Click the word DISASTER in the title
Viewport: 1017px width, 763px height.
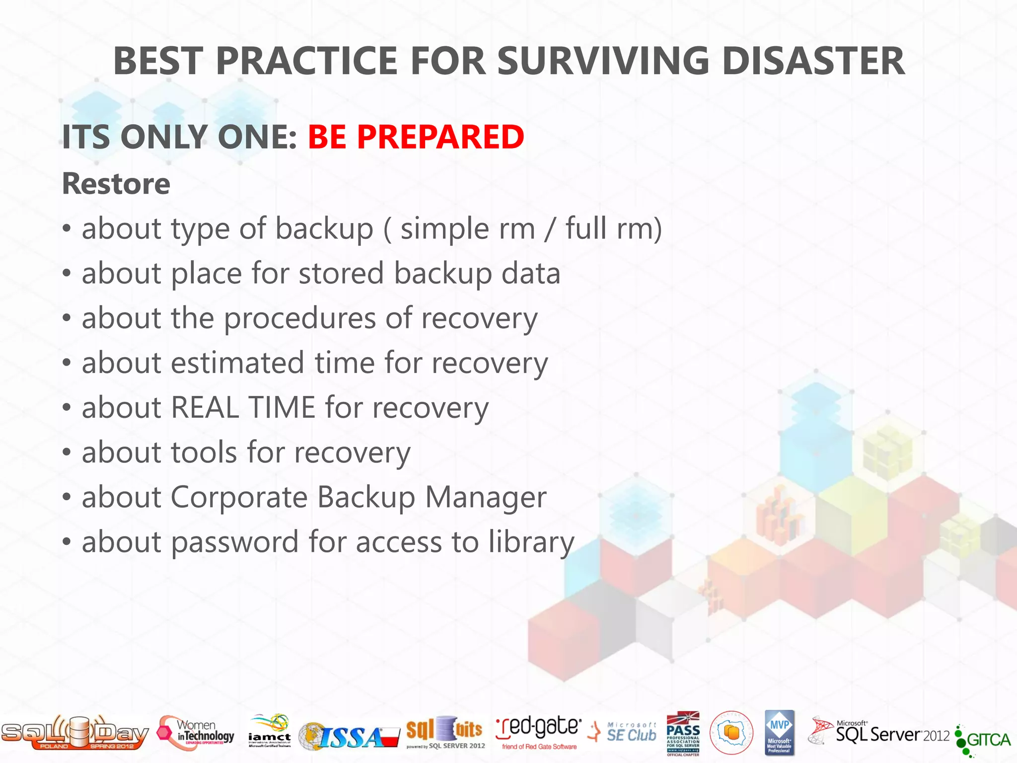[813, 61]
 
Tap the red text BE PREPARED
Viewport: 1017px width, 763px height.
[416, 137]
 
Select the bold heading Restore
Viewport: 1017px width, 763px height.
[116, 184]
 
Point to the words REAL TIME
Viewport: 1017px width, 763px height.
[243, 408]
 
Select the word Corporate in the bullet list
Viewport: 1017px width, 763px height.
[239, 497]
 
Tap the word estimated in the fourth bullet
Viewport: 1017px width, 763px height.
[237, 363]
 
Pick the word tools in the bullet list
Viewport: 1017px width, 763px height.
[204, 453]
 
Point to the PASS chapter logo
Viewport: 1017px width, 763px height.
[683, 733]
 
